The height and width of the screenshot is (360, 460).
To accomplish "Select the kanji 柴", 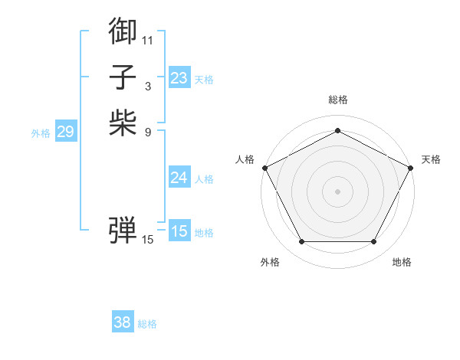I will [123, 123].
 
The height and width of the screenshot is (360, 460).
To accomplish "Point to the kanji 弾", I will [123, 228].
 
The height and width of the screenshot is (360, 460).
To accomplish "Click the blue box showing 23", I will [179, 78].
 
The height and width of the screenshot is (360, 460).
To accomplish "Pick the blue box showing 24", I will [179, 178].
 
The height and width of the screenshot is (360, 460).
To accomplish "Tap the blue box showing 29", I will [65, 132].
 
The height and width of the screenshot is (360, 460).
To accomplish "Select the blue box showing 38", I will [122, 322].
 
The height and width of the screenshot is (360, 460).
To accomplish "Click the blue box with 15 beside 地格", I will [179, 231].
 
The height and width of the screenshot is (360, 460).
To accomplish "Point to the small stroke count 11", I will [148, 39].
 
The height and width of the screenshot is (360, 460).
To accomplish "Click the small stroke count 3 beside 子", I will [148, 86].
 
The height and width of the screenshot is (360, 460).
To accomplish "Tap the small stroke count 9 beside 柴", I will [148, 133].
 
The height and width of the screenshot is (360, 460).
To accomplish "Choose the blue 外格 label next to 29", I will [41, 133].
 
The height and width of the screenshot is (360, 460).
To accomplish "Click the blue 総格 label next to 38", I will [147, 324].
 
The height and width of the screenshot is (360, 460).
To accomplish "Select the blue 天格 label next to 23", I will [204, 80].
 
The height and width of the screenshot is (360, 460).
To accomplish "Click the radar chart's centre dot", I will [337, 191].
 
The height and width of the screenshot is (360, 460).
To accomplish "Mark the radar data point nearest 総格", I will [337, 130].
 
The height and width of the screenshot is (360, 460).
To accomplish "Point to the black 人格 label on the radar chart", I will [245, 159].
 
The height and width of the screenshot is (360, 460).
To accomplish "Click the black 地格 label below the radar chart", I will [402, 262].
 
